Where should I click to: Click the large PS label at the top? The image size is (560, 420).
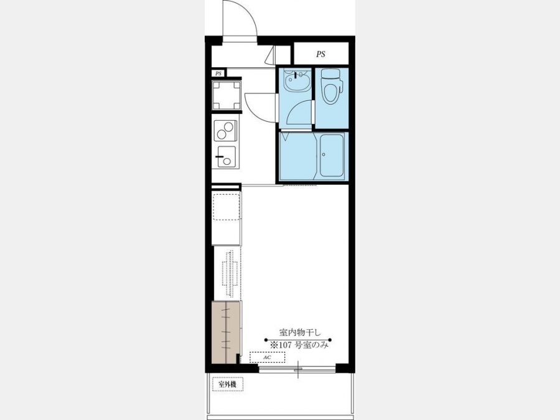pos(320,54)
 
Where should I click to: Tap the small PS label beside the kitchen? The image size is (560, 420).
pos(218,73)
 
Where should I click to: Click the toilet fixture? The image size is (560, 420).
pos(332,86)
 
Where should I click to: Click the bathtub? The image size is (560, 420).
pos(332,156)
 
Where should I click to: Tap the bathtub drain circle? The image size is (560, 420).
pos(324,155)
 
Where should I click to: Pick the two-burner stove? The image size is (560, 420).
pos(226,131)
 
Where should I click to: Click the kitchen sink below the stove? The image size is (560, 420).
pos(226,156)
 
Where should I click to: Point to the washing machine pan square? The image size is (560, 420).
pos(226,96)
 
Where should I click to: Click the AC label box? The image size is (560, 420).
pos(267,357)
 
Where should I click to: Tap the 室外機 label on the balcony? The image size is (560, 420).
pos(228,385)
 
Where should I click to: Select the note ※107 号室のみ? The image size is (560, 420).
pos(299,345)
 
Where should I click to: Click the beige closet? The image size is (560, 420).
pos(225,332)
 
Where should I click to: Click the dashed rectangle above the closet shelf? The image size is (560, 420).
pos(226,207)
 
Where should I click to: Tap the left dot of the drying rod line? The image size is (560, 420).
pos(266,340)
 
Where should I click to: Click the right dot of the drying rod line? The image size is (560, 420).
pos(330,340)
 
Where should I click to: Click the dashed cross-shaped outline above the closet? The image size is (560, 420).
pos(230,274)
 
